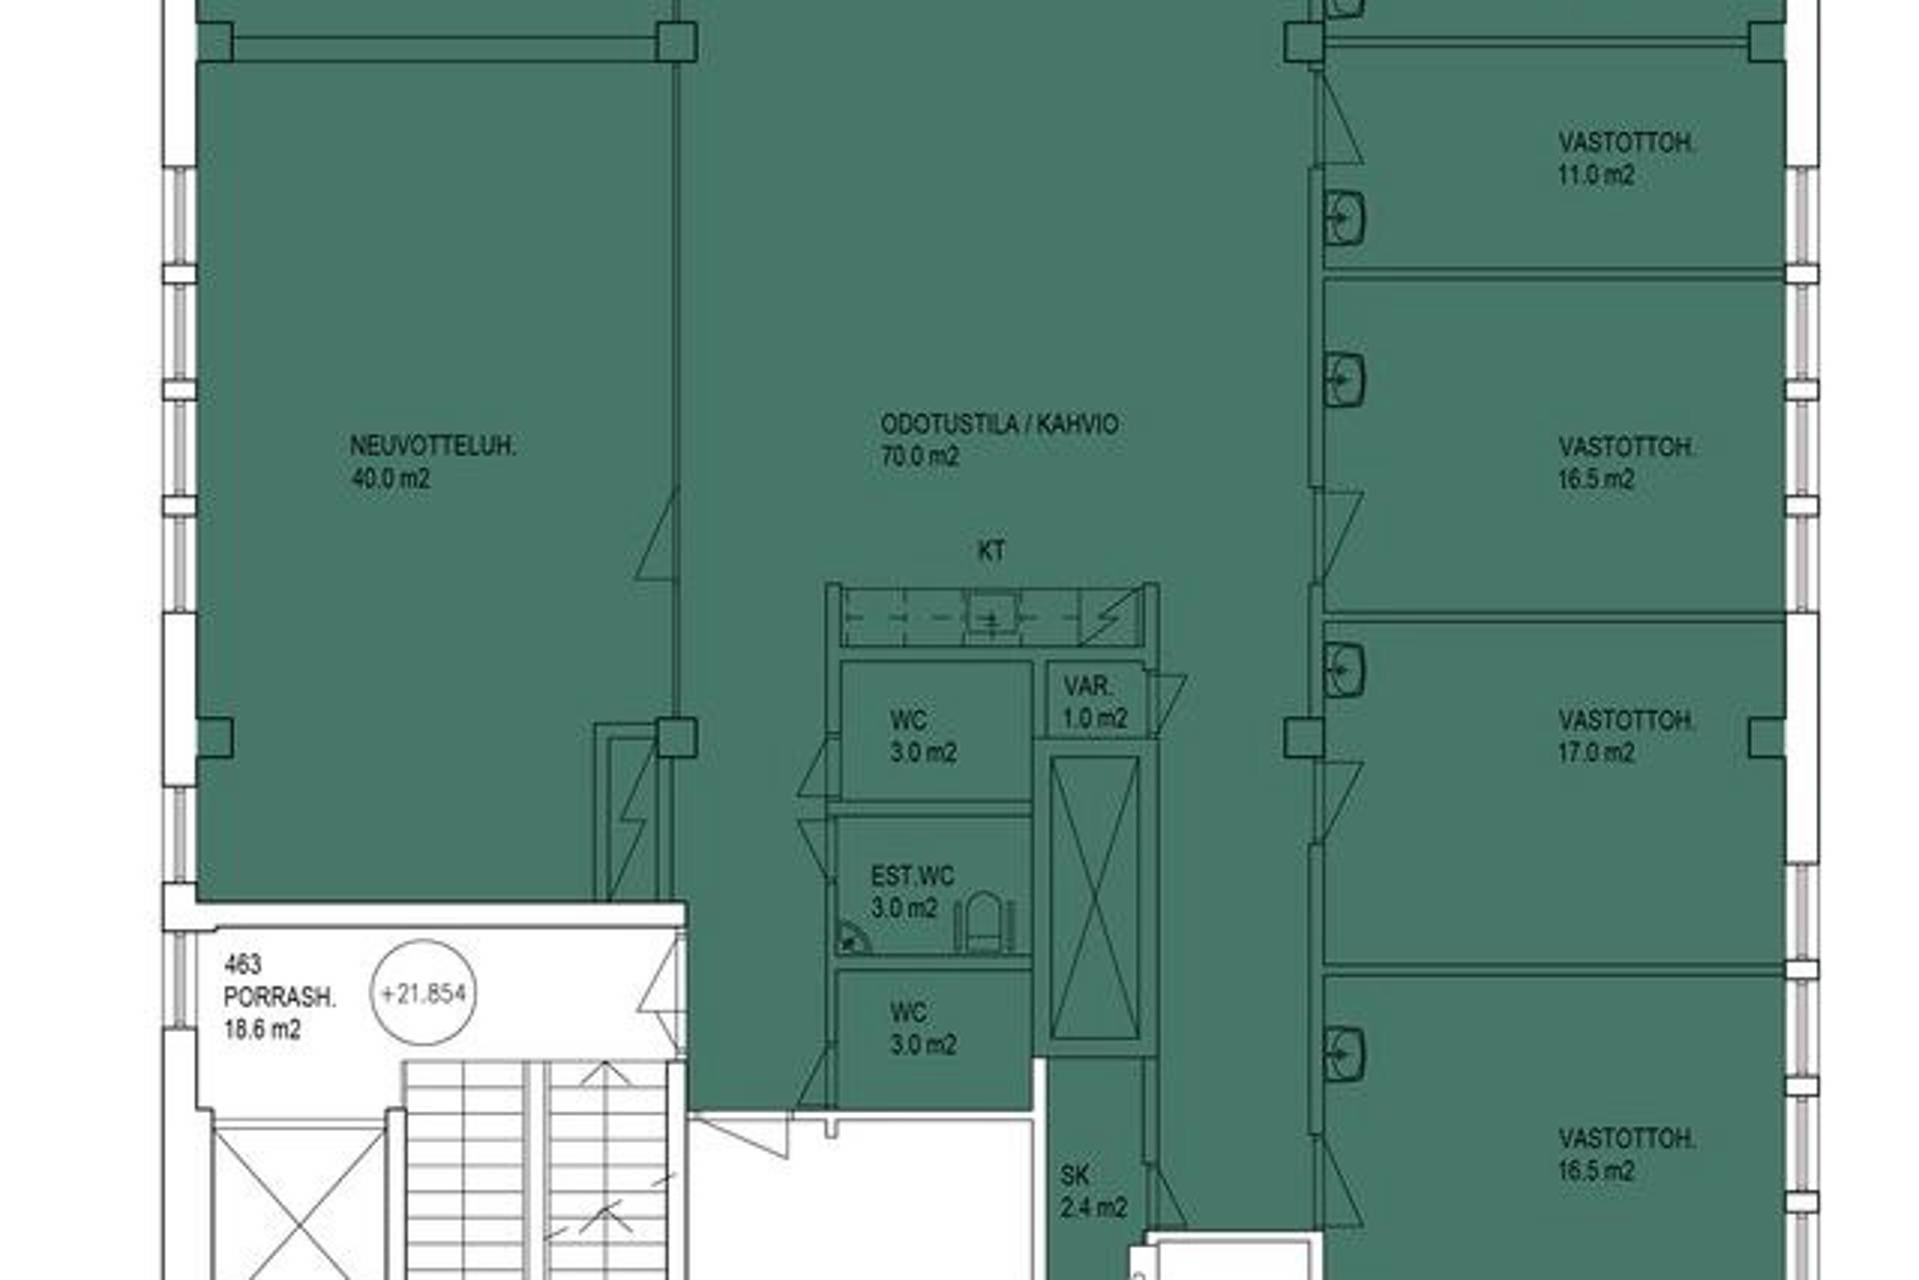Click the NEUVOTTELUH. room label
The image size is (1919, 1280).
[433, 446]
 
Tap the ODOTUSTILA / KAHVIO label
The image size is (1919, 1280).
[999, 424]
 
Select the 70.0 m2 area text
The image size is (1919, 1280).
[920, 457]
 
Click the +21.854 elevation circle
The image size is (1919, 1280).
[423, 993]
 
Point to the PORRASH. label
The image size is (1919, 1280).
[280, 997]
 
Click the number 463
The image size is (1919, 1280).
[243, 965]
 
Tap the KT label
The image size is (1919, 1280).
[991, 551]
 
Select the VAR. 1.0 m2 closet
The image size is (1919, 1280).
[1095, 701]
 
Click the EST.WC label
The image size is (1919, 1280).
[913, 877]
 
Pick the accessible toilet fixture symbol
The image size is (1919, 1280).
[984, 922]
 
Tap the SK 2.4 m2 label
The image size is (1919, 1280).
[1094, 1192]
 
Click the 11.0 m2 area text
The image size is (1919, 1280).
[1596, 176]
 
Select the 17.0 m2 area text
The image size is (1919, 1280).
[1596, 753]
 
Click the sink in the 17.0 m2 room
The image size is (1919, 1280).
[1344, 669]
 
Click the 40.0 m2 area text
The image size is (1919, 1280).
[391, 479]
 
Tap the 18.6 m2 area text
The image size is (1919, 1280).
[262, 1030]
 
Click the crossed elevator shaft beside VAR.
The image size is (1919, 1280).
[1094, 897]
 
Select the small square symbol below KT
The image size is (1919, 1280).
[991, 612]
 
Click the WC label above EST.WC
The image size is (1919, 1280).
[909, 720]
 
